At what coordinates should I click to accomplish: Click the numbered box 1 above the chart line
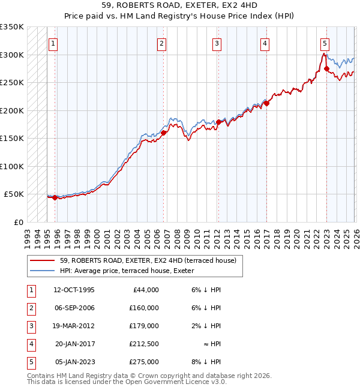(x=53, y=43)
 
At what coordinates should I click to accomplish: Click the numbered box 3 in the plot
(x=216, y=43)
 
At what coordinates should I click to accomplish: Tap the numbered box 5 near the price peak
(x=325, y=43)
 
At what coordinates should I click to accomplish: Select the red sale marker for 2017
(x=266, y=103)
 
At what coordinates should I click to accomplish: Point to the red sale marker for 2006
(x=163, y=133)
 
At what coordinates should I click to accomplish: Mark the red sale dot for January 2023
(x=326, y=68)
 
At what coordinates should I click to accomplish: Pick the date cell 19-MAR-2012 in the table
(x=76, y=326)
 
